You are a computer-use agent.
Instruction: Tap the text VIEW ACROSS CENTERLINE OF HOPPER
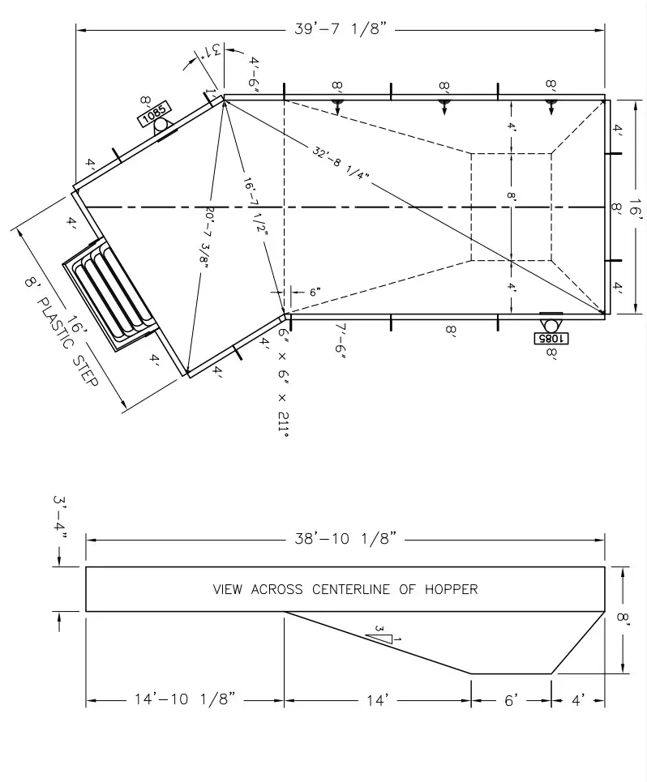[x=345, y=589]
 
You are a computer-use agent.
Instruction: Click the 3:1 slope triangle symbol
[x=381, y=634]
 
